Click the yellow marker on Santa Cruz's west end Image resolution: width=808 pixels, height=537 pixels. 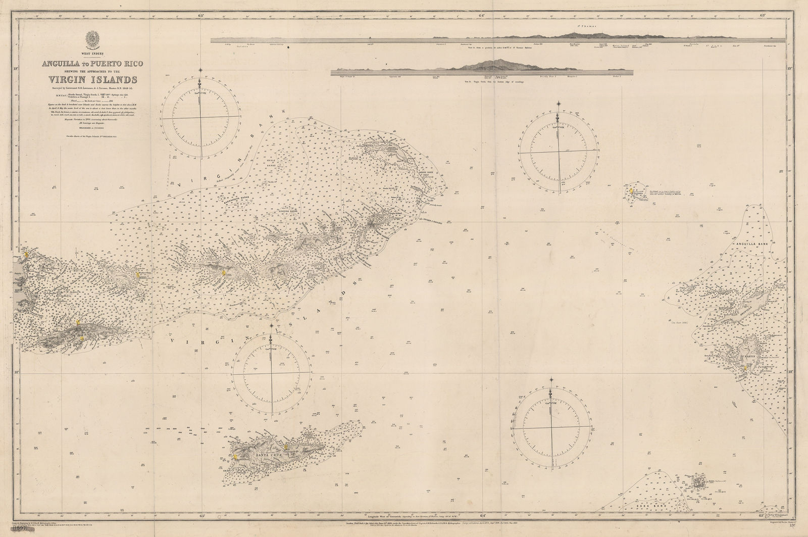click(x=236, y=457)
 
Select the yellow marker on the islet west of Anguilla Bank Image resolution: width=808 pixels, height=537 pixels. click(x=631, y=190)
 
